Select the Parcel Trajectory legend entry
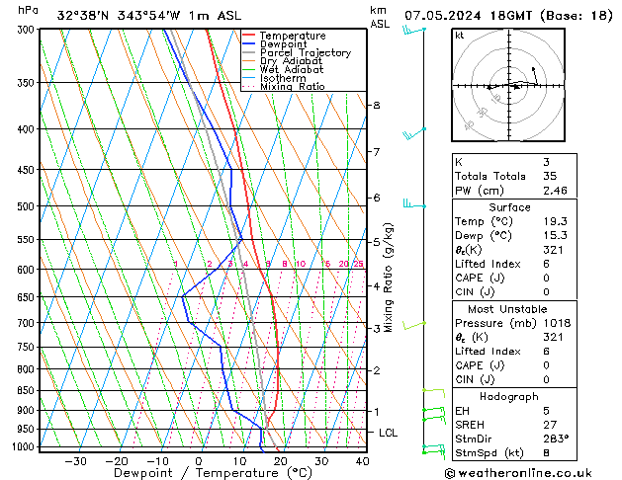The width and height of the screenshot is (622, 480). click(x=305, y=53)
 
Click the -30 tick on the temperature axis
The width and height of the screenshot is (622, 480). click(x=75, y=461)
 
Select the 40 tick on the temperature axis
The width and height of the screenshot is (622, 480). click(x=362, y=461)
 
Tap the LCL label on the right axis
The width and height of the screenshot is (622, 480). click(x=389, y=433)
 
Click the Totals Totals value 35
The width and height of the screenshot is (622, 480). click(x=551, y=176)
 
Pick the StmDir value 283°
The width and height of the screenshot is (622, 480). click(x=556, y=439)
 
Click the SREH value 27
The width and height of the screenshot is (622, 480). click(x=551, y=424)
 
